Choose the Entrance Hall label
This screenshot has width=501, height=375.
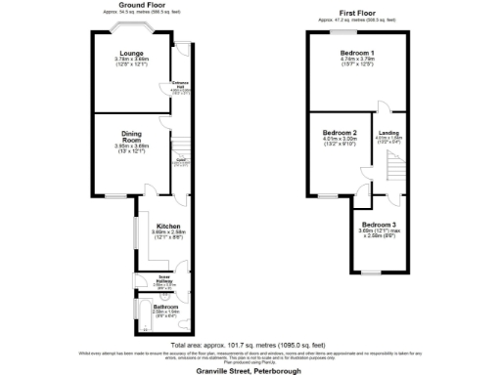click(181, 84)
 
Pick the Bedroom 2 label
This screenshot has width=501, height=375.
click(341, 132)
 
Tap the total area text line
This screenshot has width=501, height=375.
click(249, 345)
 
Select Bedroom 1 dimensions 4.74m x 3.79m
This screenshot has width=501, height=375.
click(356, 60)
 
